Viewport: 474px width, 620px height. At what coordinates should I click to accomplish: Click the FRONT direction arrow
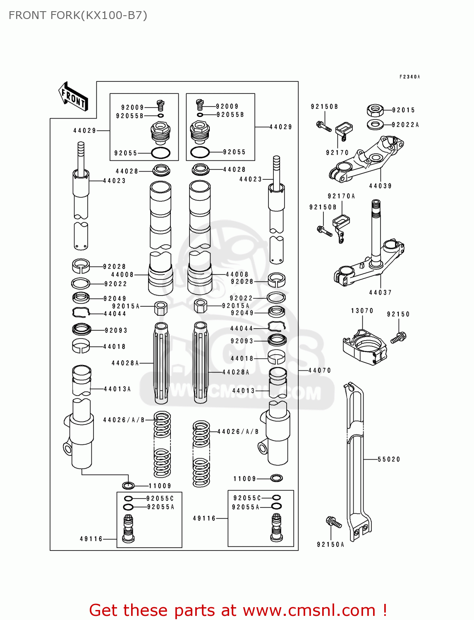click(x=74, y=97)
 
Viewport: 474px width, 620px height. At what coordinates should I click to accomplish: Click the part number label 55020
click(x=389, y=459)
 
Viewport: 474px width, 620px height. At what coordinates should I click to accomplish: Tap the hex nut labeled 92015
click(x=375, y=110)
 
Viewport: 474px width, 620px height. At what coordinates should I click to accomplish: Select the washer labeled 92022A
click(x=375, y=124)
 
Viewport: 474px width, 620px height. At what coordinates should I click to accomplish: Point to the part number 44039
click(x=380, y=186)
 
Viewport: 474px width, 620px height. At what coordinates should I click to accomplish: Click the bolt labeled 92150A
click(x=334, y=522)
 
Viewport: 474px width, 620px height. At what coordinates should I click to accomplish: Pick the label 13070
click(x=362, y=311)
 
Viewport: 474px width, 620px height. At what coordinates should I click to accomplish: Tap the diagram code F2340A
click(x=409, y=77)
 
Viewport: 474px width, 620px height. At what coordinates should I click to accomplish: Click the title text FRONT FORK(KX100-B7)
click(x=78, y=15)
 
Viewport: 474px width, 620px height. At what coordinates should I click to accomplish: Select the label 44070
click(x=320, y=370)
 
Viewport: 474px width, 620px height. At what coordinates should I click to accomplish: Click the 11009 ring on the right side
click(x=276, y=478)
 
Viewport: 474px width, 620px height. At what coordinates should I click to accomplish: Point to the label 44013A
click(x=117, y=389)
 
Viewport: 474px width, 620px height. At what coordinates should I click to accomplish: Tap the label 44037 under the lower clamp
click(x=380, y=293)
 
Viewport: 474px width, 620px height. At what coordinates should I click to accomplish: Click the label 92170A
click(x=341, y=196)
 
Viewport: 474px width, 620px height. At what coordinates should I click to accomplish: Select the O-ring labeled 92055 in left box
click(x=161, y=153)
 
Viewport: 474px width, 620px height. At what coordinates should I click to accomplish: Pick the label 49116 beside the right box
click(x=204, y=518)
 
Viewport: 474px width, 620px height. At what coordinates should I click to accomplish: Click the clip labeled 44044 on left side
click(x=81, y=313)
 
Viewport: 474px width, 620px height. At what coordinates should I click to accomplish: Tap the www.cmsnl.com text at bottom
click(x=309, y=610)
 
